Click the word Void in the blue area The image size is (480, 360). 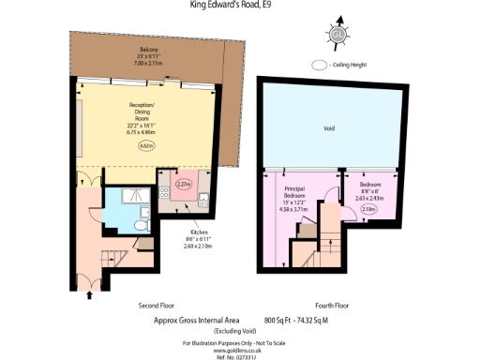(x=329, y=128)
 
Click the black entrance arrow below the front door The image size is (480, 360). (x=90, y=296)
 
